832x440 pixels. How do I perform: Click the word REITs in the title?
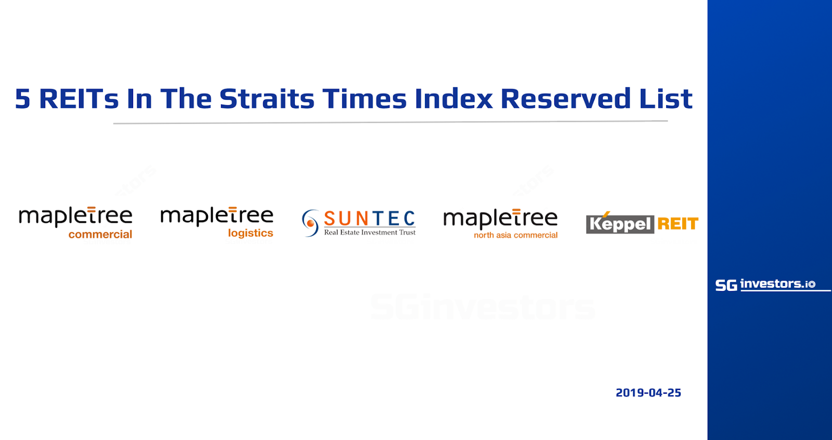coord(79,99)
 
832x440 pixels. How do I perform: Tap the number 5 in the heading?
coord(22,99)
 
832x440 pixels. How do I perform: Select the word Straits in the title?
coord(267,99)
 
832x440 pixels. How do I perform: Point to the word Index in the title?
coord(453,99)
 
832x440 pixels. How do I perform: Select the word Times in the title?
coord(365,99)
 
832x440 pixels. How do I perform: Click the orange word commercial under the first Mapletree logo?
coord(100,234)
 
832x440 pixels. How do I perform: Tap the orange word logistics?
coord(251,233)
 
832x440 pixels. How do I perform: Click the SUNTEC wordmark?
coord(370,219)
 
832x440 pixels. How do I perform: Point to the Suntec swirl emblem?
coord(310,223)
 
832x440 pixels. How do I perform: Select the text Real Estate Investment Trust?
coord(370,232)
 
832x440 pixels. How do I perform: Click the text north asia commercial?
coord(515,235)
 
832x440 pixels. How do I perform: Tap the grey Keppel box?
coord(620,224)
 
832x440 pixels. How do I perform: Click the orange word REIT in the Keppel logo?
coord(678,224)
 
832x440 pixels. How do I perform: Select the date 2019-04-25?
coord(648,393)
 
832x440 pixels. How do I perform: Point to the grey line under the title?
coord(391,122)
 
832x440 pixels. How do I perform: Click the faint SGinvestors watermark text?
coord(483,307)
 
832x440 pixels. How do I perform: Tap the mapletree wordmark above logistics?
coord(217,216)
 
